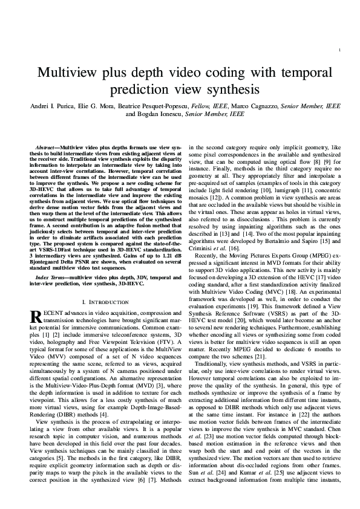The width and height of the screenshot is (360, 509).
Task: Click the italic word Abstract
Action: click(45, 148)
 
